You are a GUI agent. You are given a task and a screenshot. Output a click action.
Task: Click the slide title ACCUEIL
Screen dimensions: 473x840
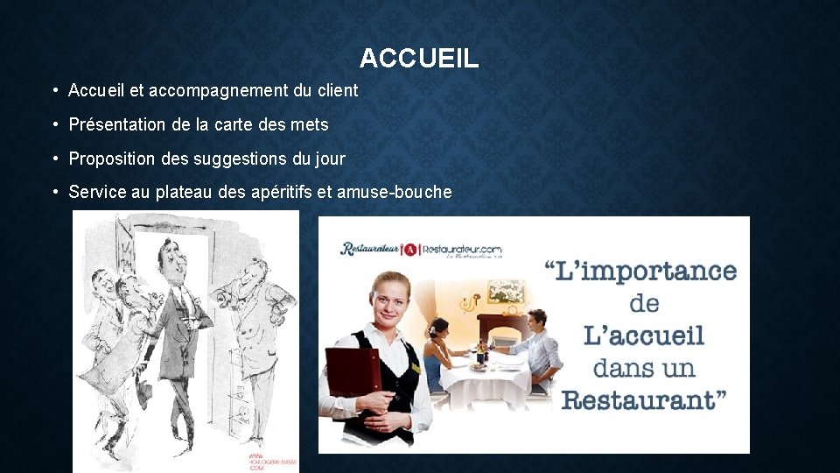419,59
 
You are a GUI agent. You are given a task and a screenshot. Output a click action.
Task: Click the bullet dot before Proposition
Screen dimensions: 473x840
54,159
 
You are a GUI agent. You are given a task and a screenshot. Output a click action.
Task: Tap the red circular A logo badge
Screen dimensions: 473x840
410,249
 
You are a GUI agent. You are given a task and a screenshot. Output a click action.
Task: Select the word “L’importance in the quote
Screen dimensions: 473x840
641,270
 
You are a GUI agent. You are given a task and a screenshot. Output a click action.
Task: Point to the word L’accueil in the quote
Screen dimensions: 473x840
644,335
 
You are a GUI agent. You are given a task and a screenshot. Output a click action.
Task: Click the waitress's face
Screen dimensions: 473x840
388,299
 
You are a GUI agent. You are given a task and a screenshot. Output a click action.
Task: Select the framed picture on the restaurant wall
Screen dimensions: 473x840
506,292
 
